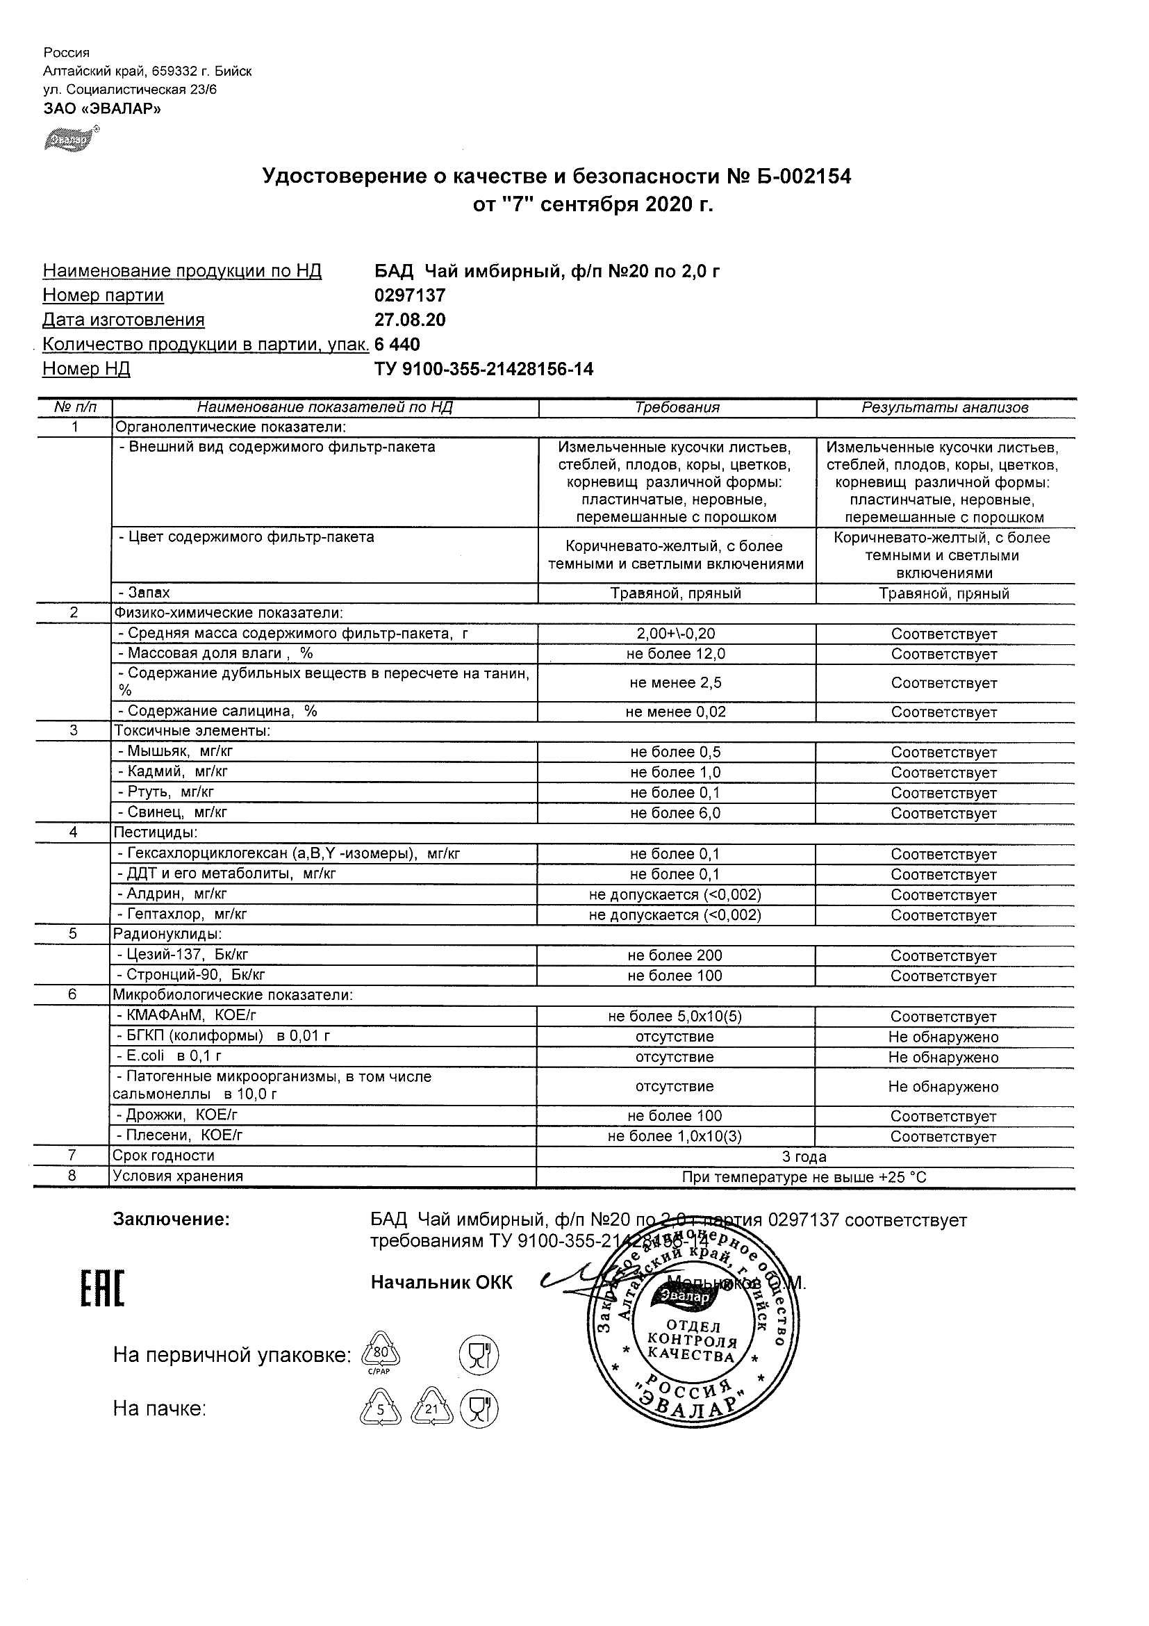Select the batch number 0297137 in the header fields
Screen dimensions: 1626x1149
click(410, 295)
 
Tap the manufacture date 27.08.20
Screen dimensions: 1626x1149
click(410, 320)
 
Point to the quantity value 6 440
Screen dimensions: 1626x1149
click(397, 345)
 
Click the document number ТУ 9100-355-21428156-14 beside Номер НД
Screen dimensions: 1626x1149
click(483, 369)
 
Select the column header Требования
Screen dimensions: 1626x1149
click(677, 408)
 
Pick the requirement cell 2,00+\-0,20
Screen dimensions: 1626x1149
click(675, 634)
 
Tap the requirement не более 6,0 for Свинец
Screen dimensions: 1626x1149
click(675, 813)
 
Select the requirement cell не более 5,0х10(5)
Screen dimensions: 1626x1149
click(675, 1017)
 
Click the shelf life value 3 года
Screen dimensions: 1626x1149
click(804, 1158)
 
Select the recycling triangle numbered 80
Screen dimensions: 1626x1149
click(381, 1354)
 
